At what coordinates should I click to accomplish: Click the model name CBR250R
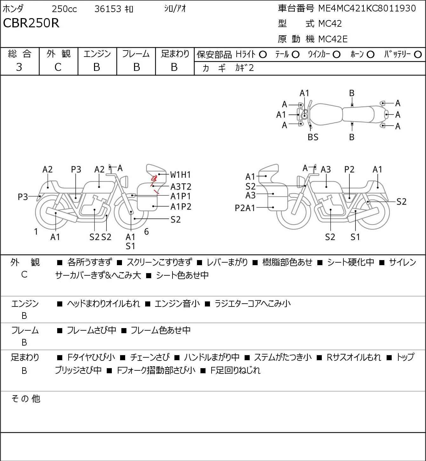point(31,23)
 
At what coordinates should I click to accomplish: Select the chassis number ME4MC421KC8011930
point(367,8)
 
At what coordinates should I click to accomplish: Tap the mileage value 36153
point(108,9)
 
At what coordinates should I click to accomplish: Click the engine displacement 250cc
point(64,9)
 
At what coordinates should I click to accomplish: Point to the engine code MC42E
point(333,39)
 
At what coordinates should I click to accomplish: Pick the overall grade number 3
point(19,67)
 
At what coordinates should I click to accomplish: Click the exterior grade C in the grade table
point(58,67)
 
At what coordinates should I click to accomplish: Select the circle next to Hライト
point(263,55)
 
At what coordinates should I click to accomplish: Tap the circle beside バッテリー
point(418,55)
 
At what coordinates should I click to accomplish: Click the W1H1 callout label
point(180,175)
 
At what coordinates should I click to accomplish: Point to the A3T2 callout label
point(181,187)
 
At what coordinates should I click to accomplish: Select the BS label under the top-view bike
point(313,137)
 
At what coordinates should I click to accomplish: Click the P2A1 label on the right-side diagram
point(245,208)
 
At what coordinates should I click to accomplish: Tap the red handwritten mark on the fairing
point(154,184)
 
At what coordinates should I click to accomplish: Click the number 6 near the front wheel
point(146,231)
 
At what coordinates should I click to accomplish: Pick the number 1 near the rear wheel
point(36,232)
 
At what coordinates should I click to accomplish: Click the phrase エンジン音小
point(177,304)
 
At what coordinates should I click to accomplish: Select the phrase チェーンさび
point(150,357)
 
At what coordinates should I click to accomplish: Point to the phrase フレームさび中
point(91,330)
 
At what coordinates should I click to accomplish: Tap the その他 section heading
point(26,399)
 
